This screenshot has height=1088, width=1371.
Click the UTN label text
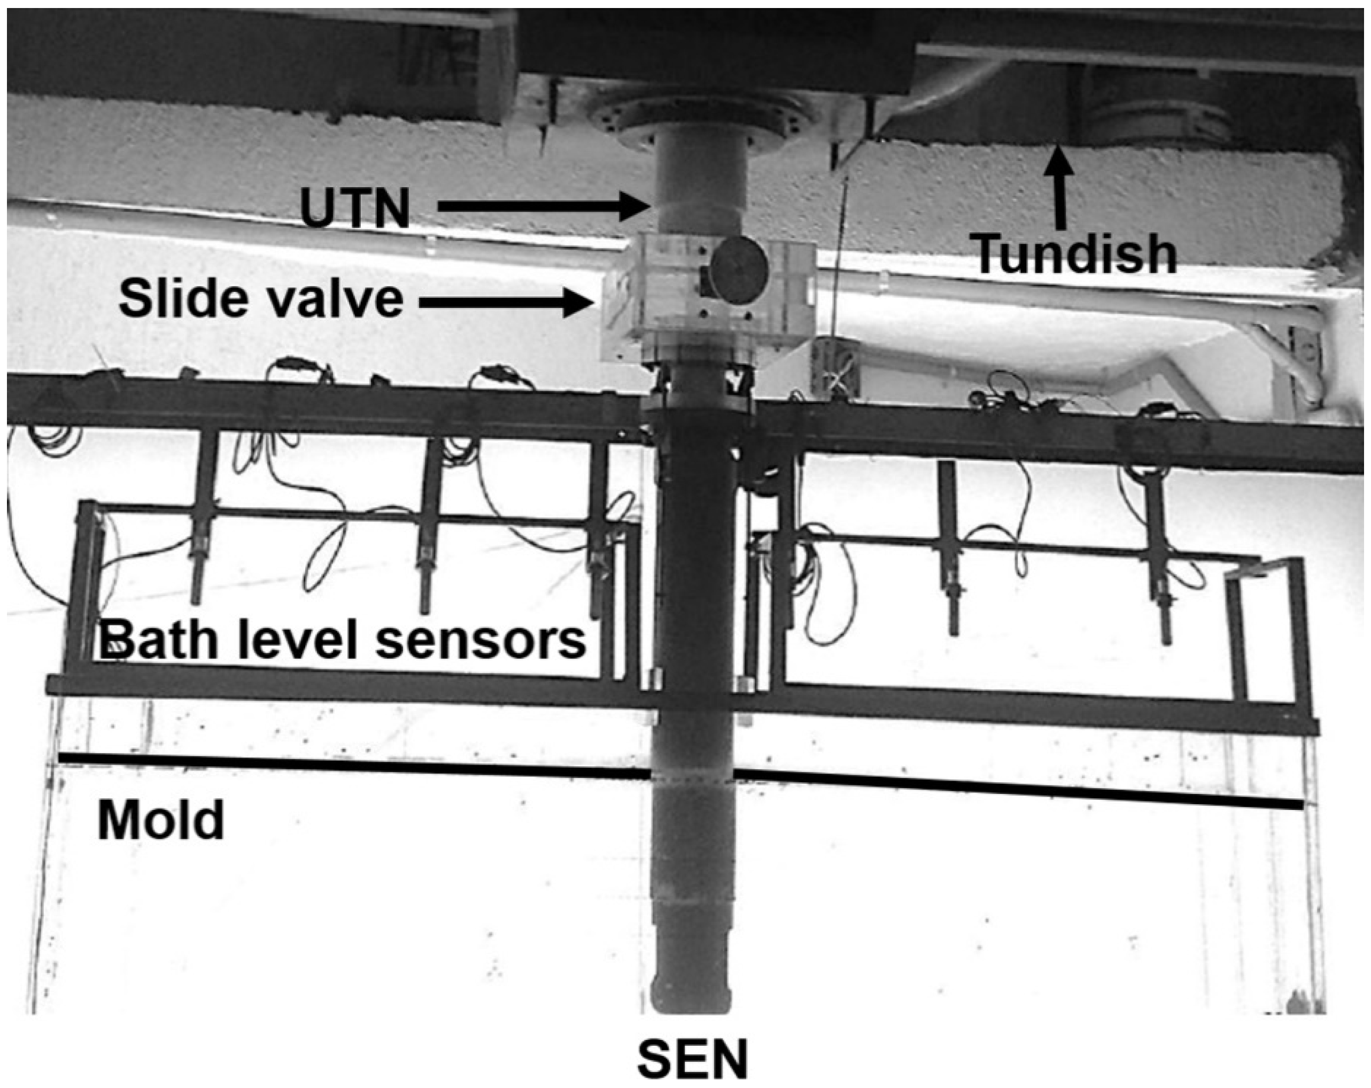(x=355, y=208)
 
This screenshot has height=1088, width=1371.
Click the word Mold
(x=161, y=821)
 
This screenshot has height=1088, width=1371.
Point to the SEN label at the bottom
(x=693, y=1059)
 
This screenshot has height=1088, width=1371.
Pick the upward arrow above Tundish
(x=1059, y=188)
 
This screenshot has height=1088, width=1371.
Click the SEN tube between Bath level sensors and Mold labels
(x=693, y=731)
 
